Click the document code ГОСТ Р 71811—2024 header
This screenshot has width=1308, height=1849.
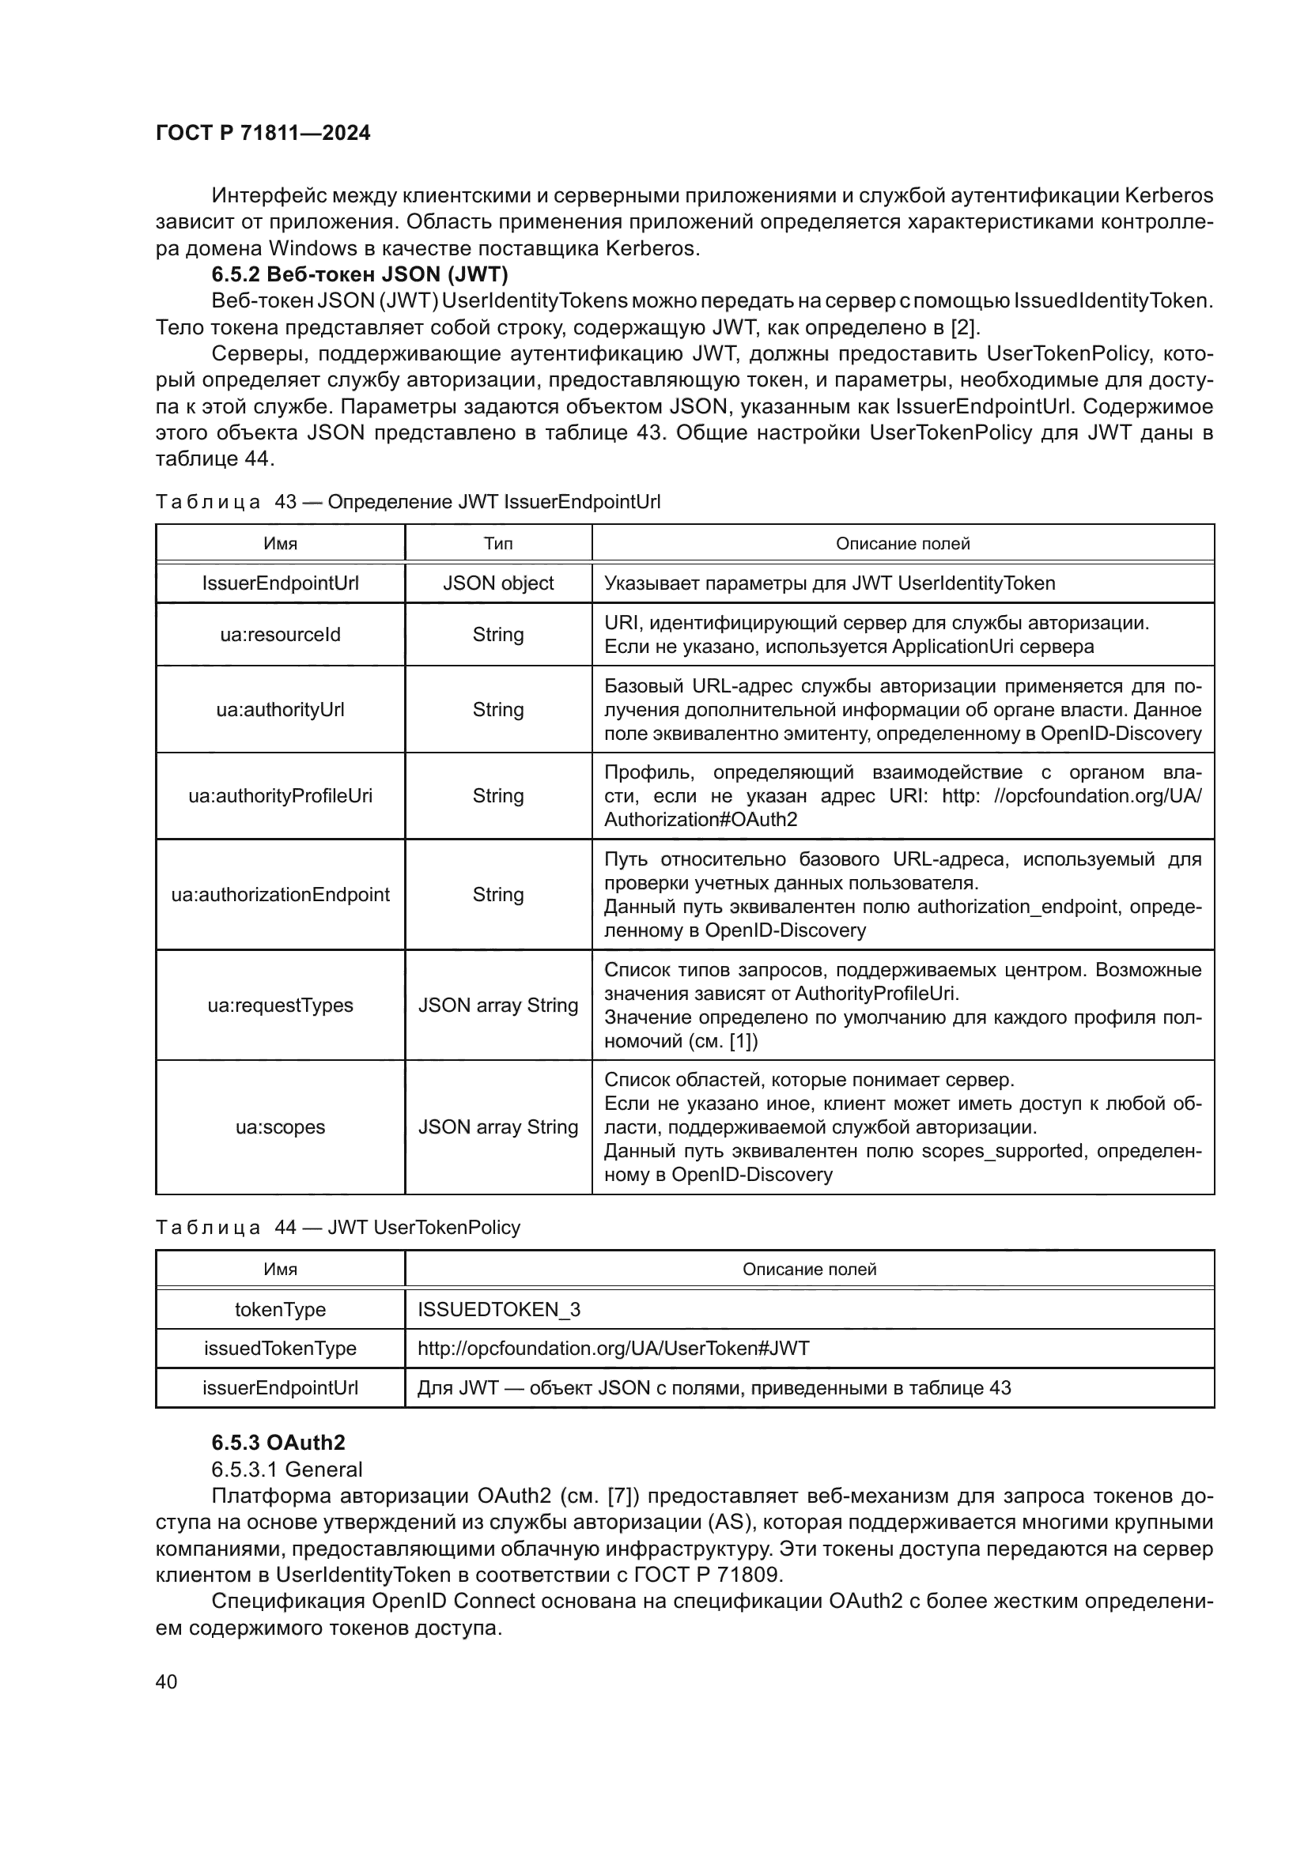263,134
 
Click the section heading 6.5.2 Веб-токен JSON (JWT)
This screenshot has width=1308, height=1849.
359,274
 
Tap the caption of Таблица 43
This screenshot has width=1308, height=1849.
407,502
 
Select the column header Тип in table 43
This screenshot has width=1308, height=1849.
497,544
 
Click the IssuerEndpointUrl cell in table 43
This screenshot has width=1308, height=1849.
280,583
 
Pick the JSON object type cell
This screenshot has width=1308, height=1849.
497,583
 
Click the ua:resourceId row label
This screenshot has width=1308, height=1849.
280,635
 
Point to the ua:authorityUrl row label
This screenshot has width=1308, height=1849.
280,709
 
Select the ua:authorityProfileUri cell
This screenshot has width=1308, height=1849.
280,796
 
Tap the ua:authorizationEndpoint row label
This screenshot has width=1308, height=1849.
280,895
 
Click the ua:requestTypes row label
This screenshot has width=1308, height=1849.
280,1005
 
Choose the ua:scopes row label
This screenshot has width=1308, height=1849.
280,1126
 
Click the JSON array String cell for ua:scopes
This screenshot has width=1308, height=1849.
497,1126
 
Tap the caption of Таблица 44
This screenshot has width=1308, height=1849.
338,1228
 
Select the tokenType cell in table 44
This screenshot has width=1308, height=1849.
280,1309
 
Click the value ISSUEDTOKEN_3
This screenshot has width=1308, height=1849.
498,1309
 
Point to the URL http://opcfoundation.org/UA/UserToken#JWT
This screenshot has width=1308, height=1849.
613,1348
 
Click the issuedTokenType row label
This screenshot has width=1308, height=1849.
280,1348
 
